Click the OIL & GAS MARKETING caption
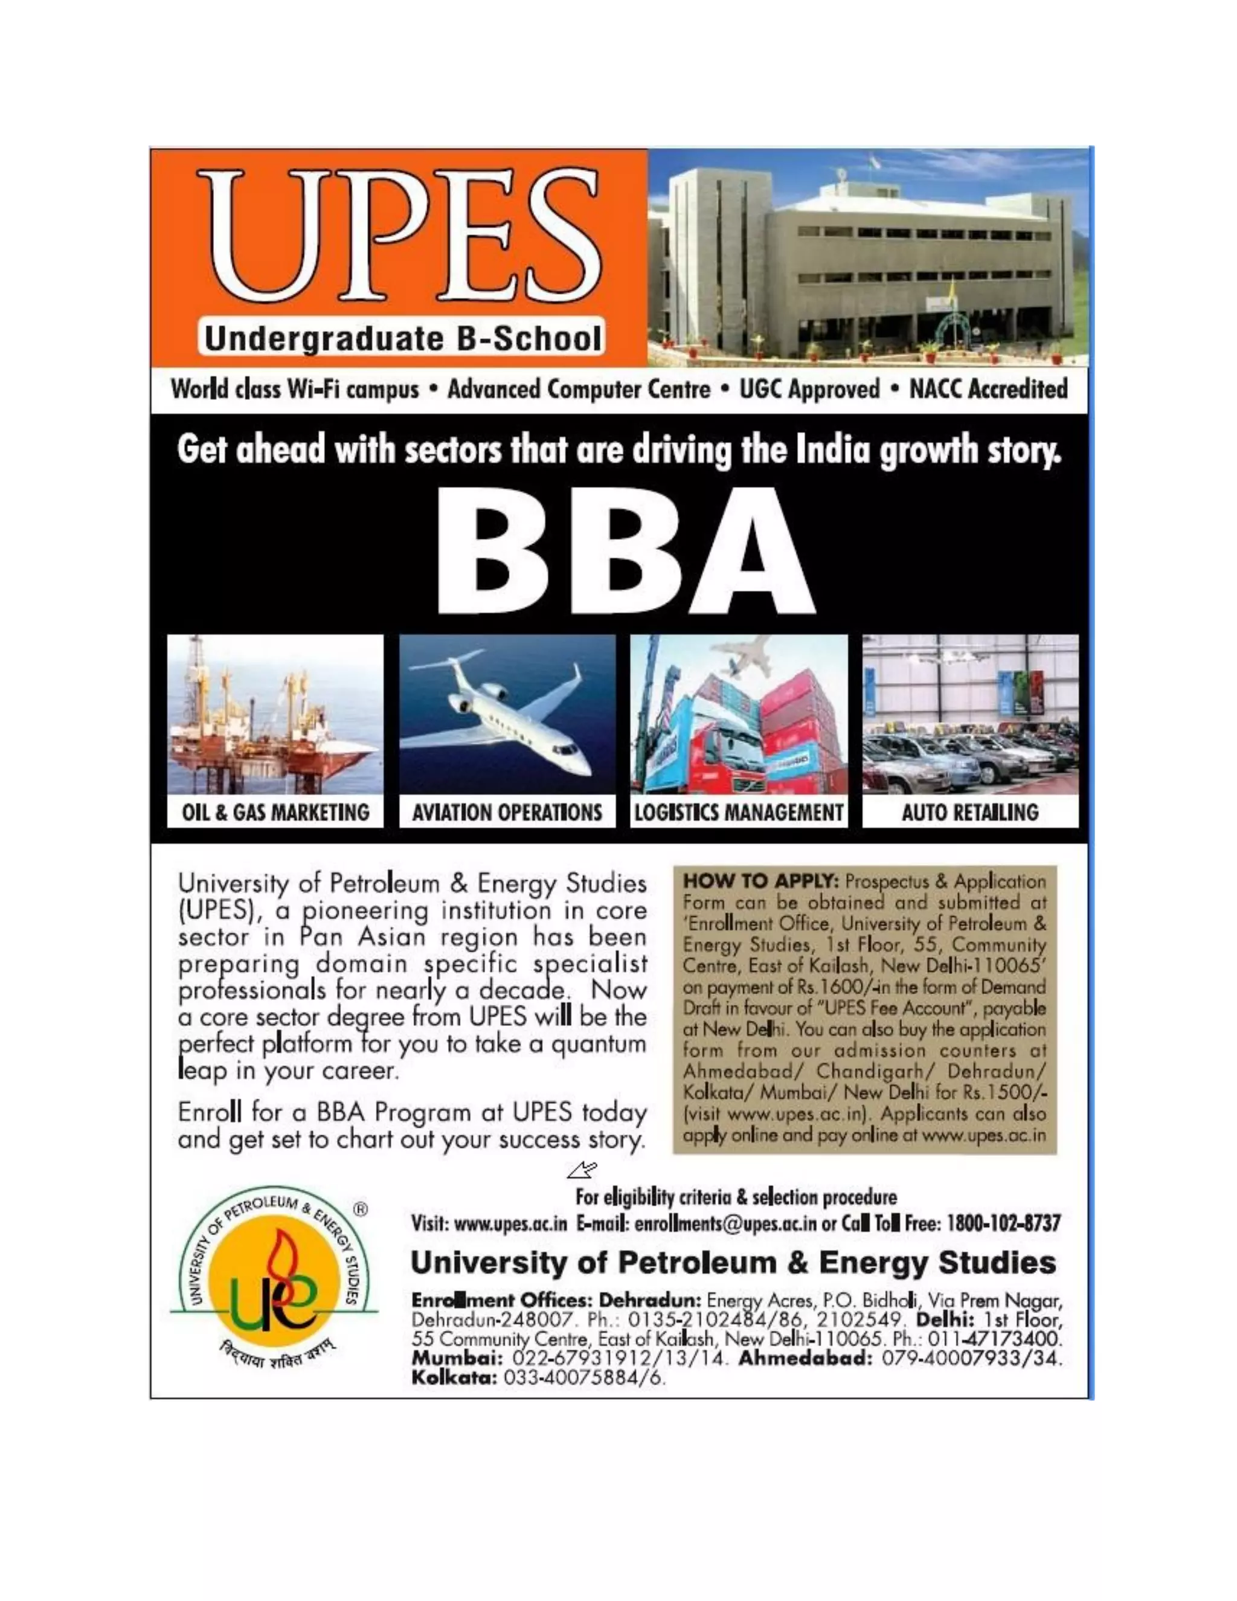tap(275, 812)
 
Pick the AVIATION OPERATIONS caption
tap(507, 812)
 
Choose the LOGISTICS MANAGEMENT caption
tap(739, 812)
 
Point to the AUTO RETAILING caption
tap(969, 812)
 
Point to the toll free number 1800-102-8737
tap(1004, 1223)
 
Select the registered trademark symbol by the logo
tap(361, 1209)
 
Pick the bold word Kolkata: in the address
tap(454, 1377)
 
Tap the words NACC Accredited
tap(988, 389)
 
